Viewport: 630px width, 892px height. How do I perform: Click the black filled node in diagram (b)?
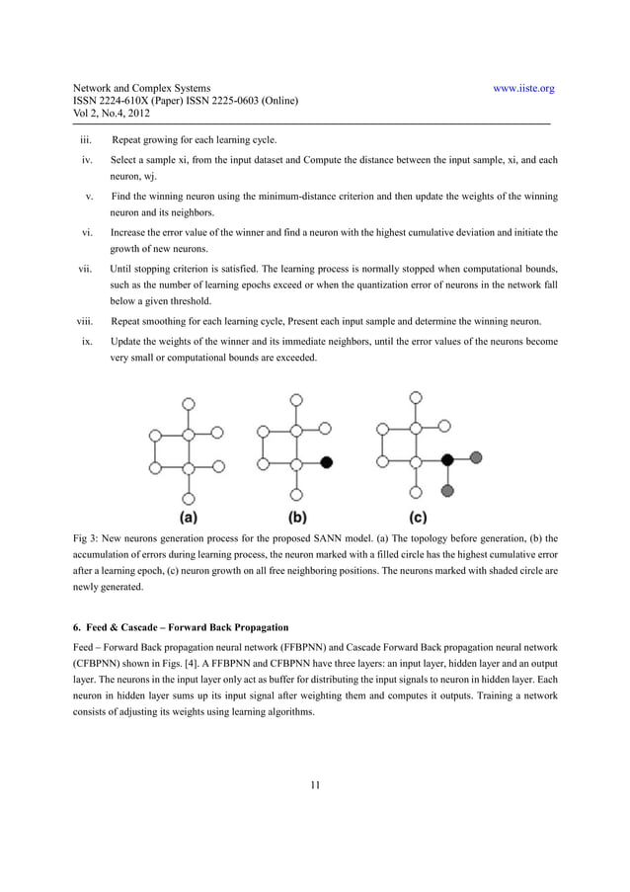[x=327, y=461]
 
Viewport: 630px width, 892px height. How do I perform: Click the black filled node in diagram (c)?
[x=447, y=460]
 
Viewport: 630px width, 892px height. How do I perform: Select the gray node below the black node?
[x=447, y=491]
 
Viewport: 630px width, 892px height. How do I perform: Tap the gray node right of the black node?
[x=477, y=457]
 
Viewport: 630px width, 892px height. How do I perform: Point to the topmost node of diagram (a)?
[x=188, y=402]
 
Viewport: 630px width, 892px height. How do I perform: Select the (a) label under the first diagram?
[x=187, y=516]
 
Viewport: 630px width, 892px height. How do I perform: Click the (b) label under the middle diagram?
[x=297, y=516]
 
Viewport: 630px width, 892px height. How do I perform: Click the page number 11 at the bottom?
[x=315, y=785]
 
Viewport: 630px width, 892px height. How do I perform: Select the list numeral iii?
[x=86, y=140]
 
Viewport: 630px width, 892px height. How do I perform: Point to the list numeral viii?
[x=84, y=321]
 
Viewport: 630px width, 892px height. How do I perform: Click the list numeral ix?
[x=87, y=341]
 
